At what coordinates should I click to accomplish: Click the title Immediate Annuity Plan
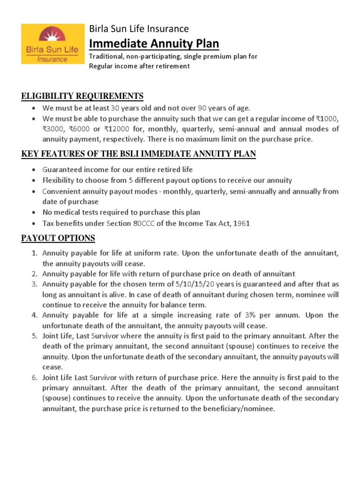pyautogui.click(x=154, y=44)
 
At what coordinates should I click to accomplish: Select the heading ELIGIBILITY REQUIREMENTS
pyautogui.click(x=82, y=96)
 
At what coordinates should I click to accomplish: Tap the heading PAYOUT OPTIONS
pyautogui.click(x=58, y=238)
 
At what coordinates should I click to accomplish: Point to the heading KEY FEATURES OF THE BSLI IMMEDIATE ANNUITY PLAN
pyautogui.click(x=138, y=154)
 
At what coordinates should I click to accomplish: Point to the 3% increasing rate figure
pyautogui.click(x=251, y=315)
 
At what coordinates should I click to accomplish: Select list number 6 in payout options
pyautogui.click(x=35, y=377)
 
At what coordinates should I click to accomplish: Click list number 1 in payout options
pyautogui.click(x=35, y=253)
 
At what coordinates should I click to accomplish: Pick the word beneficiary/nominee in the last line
pyautogui.click(x=240, y=408)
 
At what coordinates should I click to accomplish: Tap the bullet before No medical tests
pyautogui.click(x=34, y=213)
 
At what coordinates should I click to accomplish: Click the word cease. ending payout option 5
pyautogui.click(x=52, y=367)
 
